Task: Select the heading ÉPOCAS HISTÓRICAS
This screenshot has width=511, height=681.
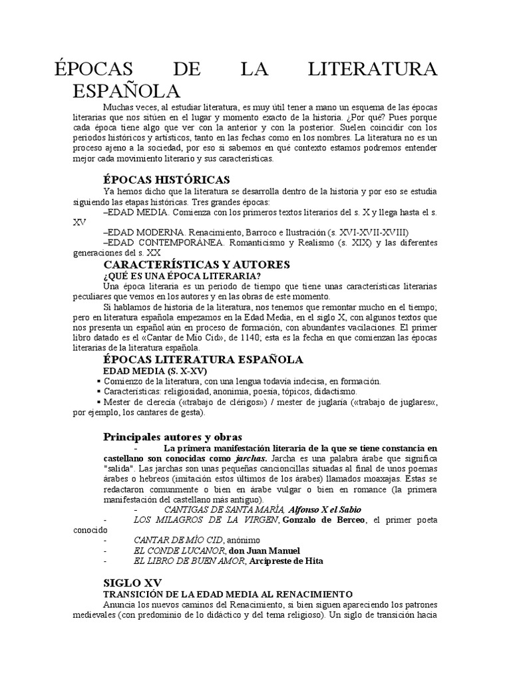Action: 166,180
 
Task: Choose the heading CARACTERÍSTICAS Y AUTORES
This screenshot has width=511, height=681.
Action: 196,264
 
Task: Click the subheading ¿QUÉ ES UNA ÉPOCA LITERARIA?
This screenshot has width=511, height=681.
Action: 182,275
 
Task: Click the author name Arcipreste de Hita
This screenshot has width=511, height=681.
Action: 286,561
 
